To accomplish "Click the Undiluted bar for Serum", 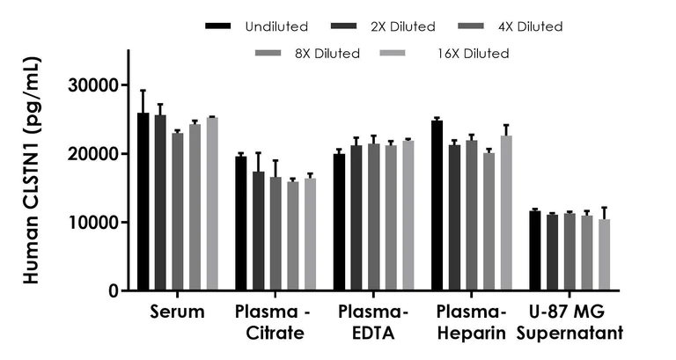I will pyautogui.click(x=143, y=202).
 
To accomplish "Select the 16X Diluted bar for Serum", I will pyautogui.click(x=211, y=203).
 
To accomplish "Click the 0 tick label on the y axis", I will pyautogui.click(x=114, y=290).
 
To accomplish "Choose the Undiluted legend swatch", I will pyautogui.click(x=215, y=26).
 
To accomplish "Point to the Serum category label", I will pyautogui.click(x=177, y=312).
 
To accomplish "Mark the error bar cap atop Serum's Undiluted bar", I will pyautogui.click(x=143, y=90).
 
